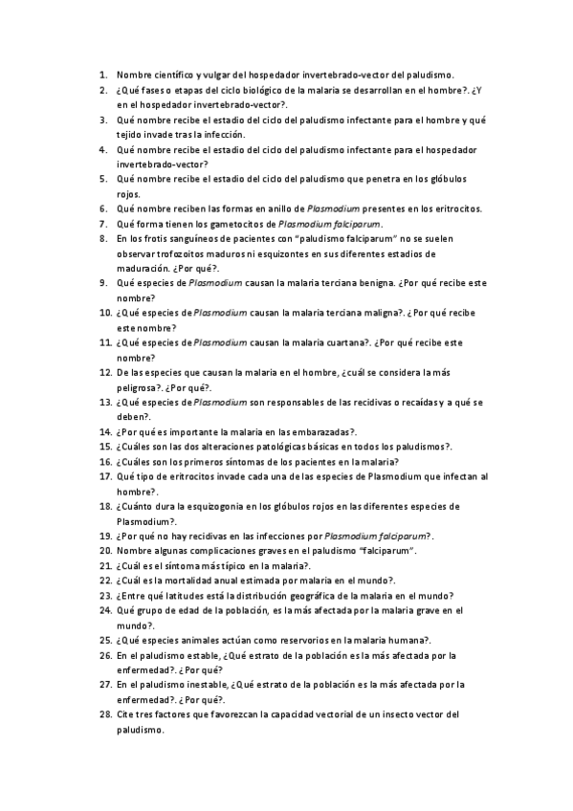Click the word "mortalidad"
pyautogui.click(x=192, y=581)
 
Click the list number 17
pyautogui.click(x=104, y=476)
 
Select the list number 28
pyautogui.click(x=104, y=714)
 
